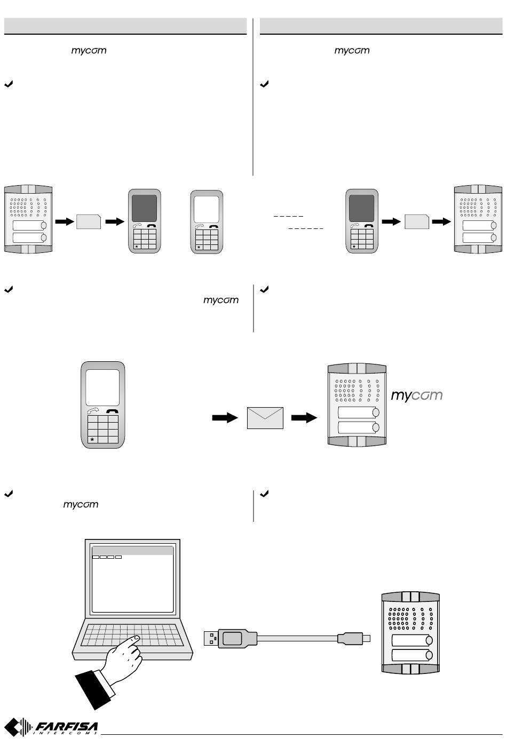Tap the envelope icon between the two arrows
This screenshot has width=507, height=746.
265,418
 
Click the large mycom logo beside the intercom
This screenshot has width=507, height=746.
416,395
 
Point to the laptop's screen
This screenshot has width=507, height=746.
132,579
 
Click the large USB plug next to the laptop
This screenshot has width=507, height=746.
230,638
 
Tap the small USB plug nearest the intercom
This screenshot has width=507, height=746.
354,638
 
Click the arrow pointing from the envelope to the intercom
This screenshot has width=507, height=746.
304,418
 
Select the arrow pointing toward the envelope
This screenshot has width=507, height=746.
225,418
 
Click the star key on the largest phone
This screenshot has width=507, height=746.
92,439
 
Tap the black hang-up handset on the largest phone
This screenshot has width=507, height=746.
112,411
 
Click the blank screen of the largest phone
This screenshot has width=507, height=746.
102,387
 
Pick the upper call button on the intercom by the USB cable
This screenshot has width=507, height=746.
412,640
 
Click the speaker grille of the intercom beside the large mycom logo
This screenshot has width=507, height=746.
357,390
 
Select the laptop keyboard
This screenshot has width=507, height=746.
132,635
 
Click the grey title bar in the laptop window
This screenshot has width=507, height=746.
132,550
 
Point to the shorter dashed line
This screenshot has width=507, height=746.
288,216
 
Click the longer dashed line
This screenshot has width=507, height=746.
305,228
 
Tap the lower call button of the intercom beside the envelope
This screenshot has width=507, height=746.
359,427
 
